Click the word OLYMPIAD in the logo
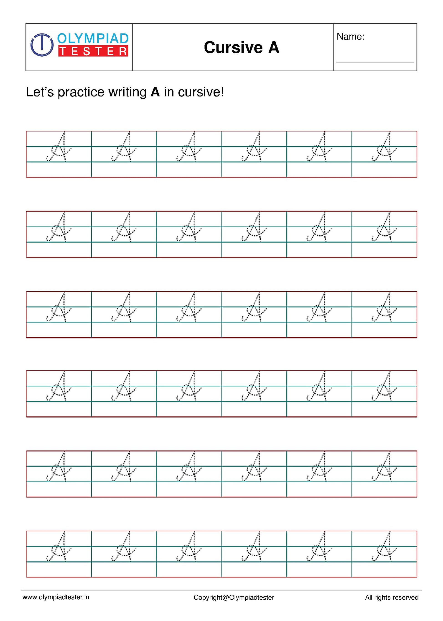point(93,39)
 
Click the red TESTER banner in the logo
point(93,51)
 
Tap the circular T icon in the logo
point(42,44)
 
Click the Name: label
point(351,37)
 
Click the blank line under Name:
point(375,62)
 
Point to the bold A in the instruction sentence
point(155,92)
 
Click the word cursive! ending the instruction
point(201,92)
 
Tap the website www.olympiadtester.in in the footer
point(56,597)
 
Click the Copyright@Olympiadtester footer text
point(234,598)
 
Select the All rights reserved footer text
point(392,598)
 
